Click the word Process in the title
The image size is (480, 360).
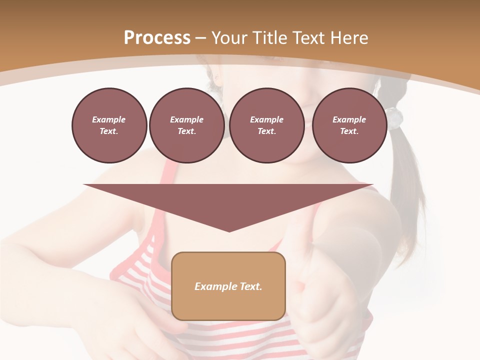coord(157,38)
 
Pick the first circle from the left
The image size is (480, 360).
coord(109,125)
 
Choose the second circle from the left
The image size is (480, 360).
coord(186,125)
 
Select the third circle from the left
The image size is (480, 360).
coord(266,125)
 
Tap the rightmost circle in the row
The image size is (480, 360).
coord(349,125)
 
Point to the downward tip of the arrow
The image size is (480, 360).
coord(228,230)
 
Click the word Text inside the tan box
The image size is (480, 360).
coord(248,286)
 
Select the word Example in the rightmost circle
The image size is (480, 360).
coord(349,119)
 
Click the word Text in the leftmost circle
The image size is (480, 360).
coord(109,131)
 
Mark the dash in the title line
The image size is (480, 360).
coord(200,38)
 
